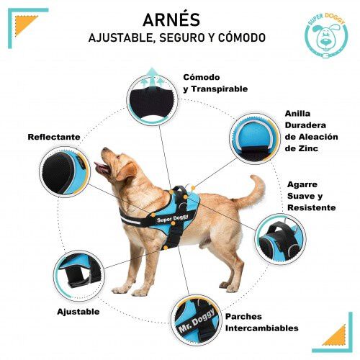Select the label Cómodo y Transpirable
[215, 83]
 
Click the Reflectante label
[54, 137]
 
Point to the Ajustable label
[78, 312]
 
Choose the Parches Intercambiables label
[261, 322]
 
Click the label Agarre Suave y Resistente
[311, 195]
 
